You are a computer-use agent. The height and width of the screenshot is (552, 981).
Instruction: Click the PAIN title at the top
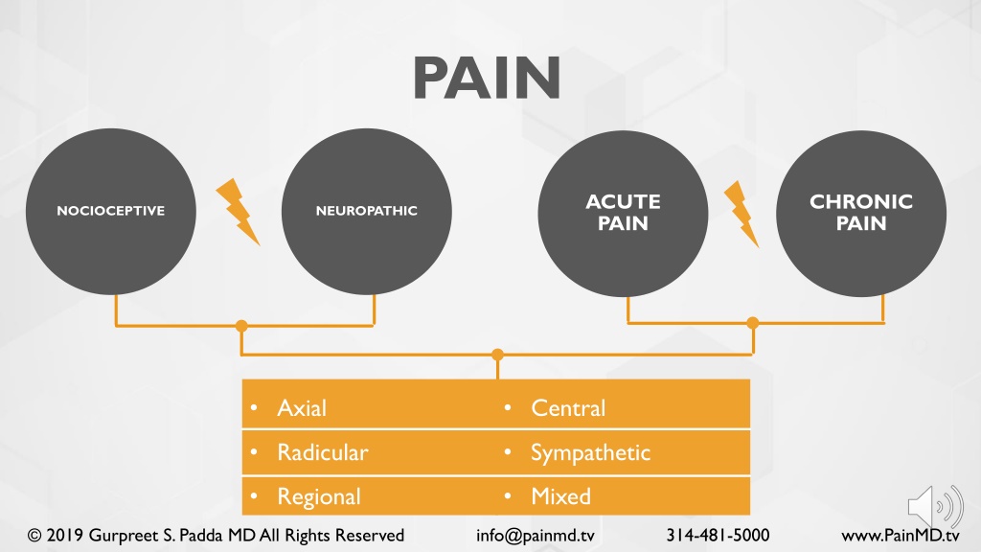coord(487,79)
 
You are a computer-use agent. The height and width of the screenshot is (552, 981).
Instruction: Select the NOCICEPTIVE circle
coord(110,211)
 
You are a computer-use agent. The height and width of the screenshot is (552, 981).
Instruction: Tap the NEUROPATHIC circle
coord(367,211)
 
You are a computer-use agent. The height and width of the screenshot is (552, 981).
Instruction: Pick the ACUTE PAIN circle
coord(623,213)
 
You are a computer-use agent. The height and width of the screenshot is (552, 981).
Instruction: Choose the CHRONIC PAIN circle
coord(860,213)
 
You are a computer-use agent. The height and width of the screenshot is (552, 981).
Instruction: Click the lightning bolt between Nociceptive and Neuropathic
coord(238,211)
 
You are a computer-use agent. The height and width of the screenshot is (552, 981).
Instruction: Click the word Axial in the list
coord(302,408)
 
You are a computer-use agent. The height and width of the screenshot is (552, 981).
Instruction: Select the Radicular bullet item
coord(322,452)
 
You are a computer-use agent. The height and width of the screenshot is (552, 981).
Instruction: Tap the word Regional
coord(319,496)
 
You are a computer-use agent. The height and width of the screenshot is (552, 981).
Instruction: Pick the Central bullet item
coord(568,408)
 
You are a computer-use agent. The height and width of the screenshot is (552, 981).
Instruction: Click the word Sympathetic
coord(590,452)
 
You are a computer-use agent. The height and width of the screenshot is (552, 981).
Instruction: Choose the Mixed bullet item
coord(560,496)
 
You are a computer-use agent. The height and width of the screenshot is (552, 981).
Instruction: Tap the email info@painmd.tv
coord(536,535)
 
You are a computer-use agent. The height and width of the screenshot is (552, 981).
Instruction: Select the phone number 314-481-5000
coord(718,535)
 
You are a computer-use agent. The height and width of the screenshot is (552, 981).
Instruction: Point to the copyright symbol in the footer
coord(34,535)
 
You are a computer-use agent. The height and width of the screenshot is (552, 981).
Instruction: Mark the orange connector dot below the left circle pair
coord(241,326)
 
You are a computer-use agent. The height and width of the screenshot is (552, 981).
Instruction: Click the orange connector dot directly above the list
coord(497,355)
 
